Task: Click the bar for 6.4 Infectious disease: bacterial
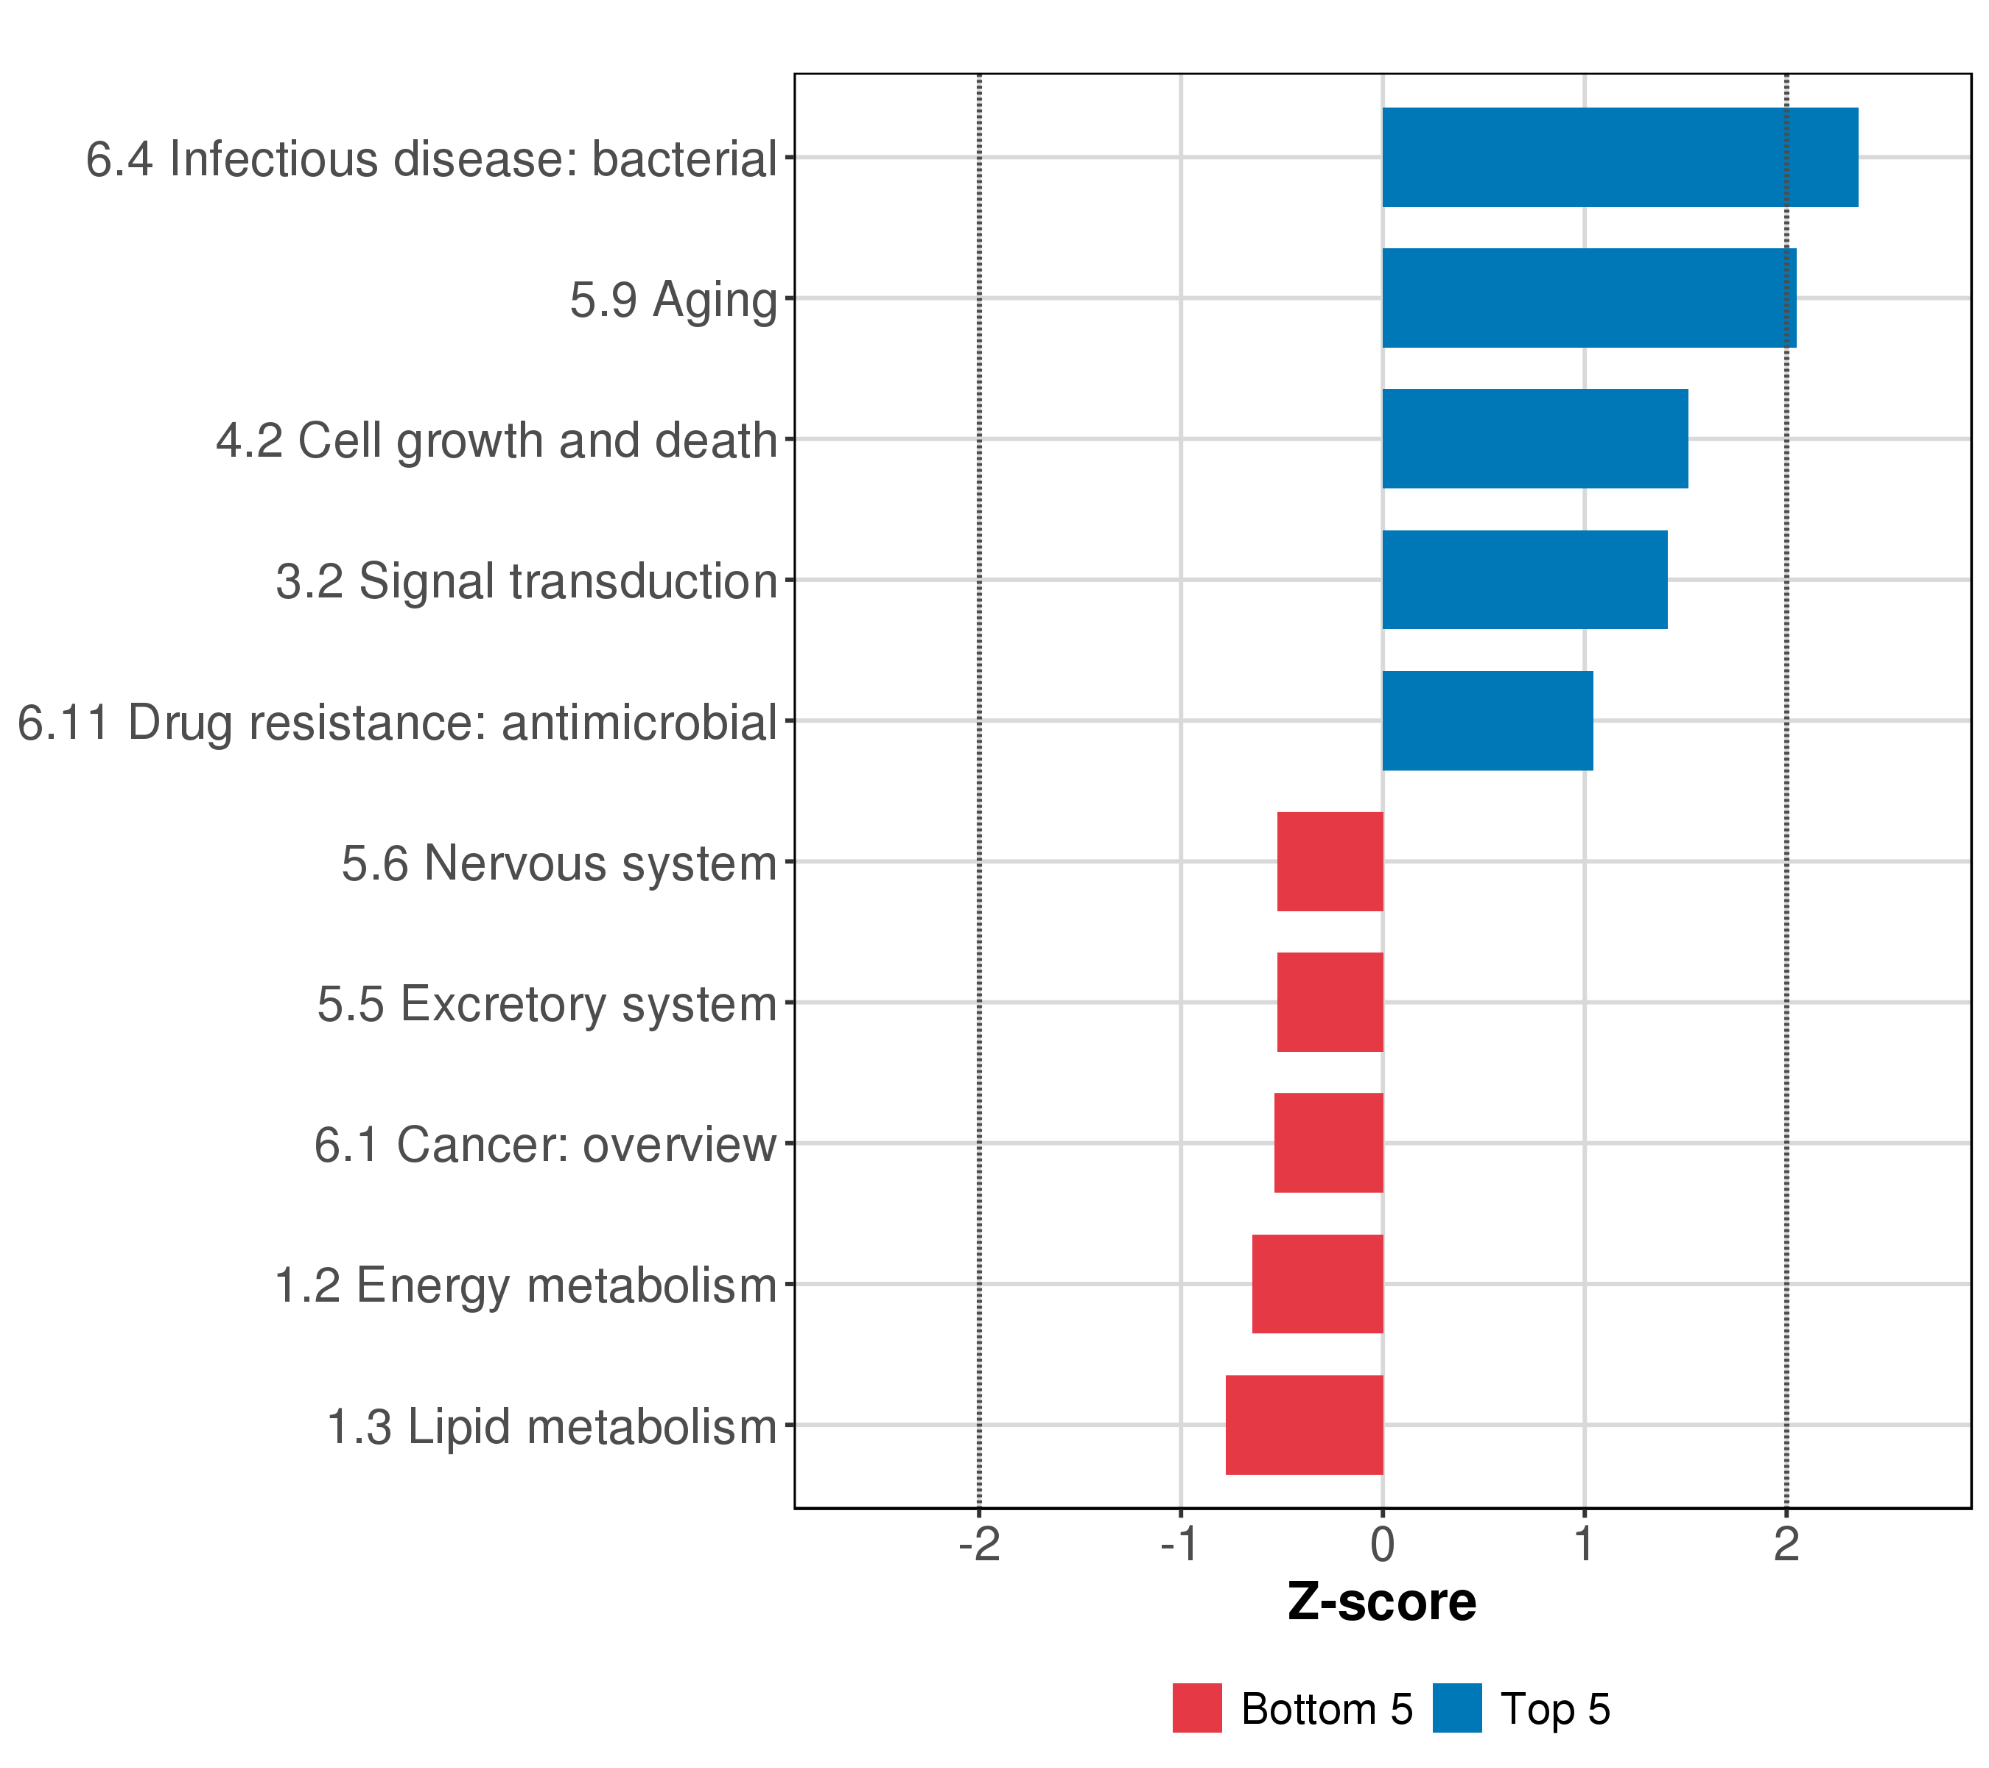pyautogui.click(x=1619, y=158)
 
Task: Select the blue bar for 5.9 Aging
pyautogui.click(x=1588, y=298)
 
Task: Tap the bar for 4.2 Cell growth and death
pyautogui.click(x=1534, y=439)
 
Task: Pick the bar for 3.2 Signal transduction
pyautogui.click(x=1524, y=580)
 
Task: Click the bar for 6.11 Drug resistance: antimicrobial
pyautogui.click(x=1487, y=721)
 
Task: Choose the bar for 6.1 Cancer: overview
pyautogui.click(x=1328, y=1143)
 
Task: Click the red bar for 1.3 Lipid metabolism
pyautogui.click(x=1304, y=1425)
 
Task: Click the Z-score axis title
pyautogui.click(x=1382, y=1602)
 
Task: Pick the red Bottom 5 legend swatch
pyautogui.click(x=1197, y=1708)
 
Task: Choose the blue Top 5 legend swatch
pyautogui.click(x=1456, y=1708)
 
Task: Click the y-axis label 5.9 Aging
pyautogui.click(x=673, y=300)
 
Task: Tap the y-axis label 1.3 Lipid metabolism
pyautogui.click(x=552, y=1428)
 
